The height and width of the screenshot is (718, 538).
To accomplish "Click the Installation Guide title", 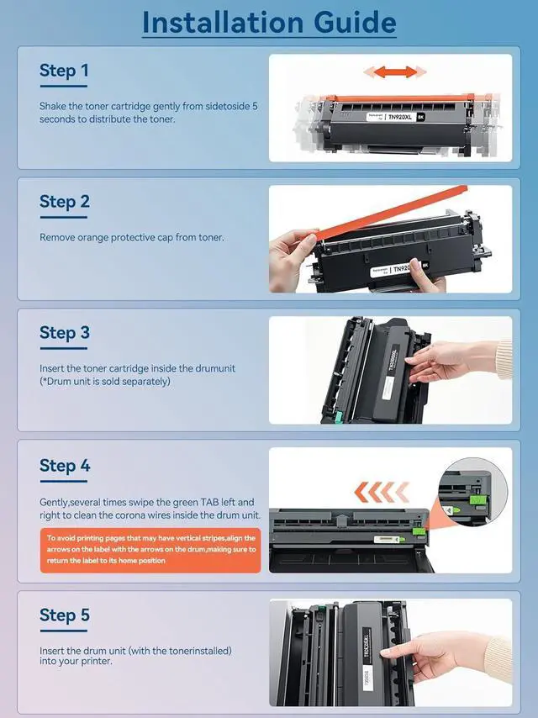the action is (x=269, y=22).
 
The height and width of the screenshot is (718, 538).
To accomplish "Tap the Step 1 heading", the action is (x=64, y=71).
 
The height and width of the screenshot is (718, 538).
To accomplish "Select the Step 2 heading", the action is (x=65, y=202).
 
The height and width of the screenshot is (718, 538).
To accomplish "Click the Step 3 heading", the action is (x=65, y=333).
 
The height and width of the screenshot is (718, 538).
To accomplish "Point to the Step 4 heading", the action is (x=65, y=465).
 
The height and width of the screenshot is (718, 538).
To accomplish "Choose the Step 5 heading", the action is (x=65, y=615).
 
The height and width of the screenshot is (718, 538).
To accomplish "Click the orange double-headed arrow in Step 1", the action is (x=395, y=72).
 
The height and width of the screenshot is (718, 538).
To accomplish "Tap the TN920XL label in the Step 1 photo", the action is (x=400, y=117).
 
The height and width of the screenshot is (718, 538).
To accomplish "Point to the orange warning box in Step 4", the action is (x=150, y=550).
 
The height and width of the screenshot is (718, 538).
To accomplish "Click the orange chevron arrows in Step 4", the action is (x=382, y=492).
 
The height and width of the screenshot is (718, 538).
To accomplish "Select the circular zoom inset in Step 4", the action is (x=473, y=491).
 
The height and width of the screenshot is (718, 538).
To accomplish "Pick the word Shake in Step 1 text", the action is (x=53, y=106).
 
